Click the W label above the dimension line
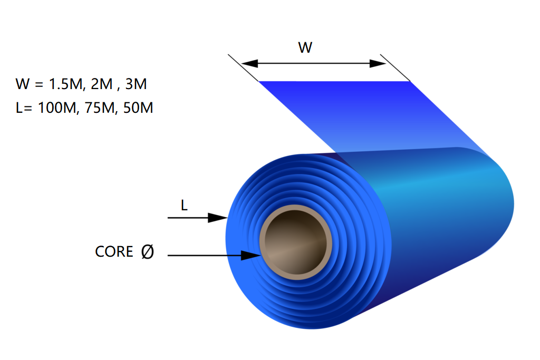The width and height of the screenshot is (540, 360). click(x=305, y=47)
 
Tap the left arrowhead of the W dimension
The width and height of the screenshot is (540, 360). click(x=249, y=63)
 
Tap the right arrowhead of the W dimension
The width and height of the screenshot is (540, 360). click(x=378, y=63)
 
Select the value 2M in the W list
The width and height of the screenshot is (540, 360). click(x=102, y=84)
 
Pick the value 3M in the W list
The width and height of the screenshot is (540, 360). click(x=136, y=84)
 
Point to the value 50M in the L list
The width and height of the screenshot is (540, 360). click(x=138, y=108)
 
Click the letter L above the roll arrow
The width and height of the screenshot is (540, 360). click(x=184, y=206)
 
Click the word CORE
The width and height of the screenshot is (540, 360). click(x=114, y=251)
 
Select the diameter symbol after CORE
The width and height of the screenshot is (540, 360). click(x=148, y=251)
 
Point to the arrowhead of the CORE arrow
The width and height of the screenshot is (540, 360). click(x=250, y=255)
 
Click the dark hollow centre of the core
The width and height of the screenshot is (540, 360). click(x=296, y=242)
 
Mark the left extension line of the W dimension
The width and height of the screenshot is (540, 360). click(x=243, y=67)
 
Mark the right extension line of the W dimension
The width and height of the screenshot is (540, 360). click(x=395, y=67)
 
